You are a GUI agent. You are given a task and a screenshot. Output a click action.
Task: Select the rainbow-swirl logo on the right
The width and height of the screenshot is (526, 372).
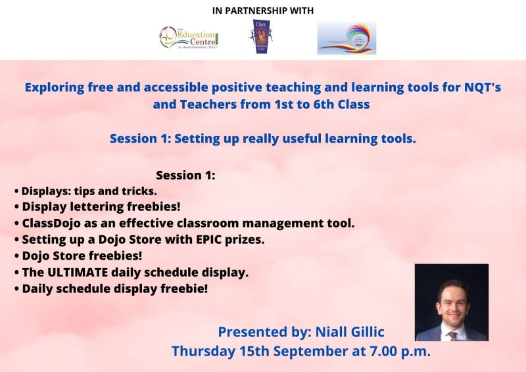(x=347, y=37)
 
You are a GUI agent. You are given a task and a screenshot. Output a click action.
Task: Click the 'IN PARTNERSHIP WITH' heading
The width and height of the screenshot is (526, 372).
(x=262, y=10)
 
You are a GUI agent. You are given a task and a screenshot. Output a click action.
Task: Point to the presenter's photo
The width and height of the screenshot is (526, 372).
(x=451, y=302)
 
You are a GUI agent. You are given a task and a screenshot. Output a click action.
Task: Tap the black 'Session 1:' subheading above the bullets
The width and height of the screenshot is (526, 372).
(x=186, y=175)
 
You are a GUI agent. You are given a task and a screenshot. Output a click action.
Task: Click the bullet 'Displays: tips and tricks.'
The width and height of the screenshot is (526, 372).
(x=85, y=191)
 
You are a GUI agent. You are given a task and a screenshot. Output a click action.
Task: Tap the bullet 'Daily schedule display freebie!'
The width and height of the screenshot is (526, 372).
(x=110, y=288)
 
